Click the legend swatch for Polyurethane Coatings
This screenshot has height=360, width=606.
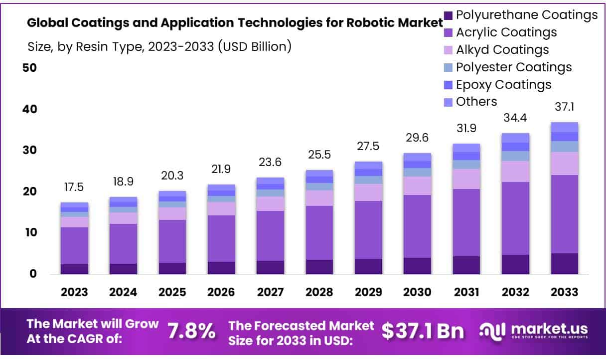[x=447, y=15]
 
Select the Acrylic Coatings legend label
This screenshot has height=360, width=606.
[x=506, y=32]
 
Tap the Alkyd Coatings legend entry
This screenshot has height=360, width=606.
[x=502, y=50]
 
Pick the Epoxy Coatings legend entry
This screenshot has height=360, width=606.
[x=503, y=84]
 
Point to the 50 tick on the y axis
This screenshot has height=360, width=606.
[x=29, y=68]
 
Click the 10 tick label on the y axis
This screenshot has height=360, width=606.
[x=29, y=232]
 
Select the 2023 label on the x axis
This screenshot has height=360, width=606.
[x=75, y=292]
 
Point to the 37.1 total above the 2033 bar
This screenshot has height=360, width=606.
[x=564, y=106]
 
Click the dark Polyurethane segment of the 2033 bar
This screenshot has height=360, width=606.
[x=564, y=264]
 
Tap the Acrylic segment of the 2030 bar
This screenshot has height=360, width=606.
[x=417, y=226]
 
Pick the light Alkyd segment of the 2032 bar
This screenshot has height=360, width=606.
[x=516, y=172]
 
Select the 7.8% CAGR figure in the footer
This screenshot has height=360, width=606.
[x=191, y=331]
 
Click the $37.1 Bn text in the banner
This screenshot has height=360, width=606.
[x=423, y=331]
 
